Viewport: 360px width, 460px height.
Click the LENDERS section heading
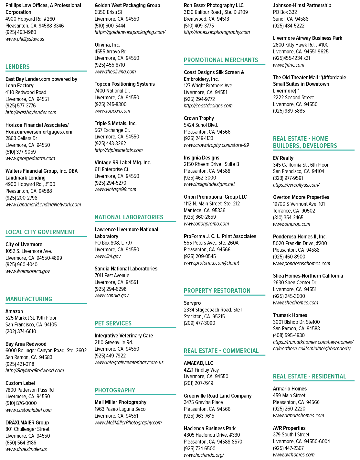(x=17, y=67)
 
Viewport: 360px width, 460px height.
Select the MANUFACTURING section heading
(x=29, y=299)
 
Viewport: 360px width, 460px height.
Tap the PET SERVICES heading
(x=113, y=323)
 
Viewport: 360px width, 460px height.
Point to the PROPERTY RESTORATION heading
(x=217, y=290)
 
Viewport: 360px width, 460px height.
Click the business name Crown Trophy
(x=199, y=118)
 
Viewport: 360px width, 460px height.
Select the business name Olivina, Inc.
(x=107, y=45)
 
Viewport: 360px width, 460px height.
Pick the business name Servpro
(x=192, y=303)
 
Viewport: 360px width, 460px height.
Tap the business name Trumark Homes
(x=290, y=315)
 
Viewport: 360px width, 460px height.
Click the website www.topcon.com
(x=112, y=111)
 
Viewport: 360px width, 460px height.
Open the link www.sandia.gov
(x=111, y=296)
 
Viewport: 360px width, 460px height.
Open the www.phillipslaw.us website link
(x=25, y=39)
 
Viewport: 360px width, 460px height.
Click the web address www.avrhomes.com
(x=294, y=455)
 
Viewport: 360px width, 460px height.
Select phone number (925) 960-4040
(x=21, y=265)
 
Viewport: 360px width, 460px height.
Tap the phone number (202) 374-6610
(x=21, y=332)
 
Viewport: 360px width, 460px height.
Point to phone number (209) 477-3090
(x=200, y=323)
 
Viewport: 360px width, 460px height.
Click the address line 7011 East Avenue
(x=112, y=276)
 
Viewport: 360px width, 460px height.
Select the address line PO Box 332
(x=285, y=12)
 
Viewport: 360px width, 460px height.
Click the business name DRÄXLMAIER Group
(x=27, y=423)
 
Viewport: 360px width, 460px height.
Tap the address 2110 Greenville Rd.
(x=114, y=343)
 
